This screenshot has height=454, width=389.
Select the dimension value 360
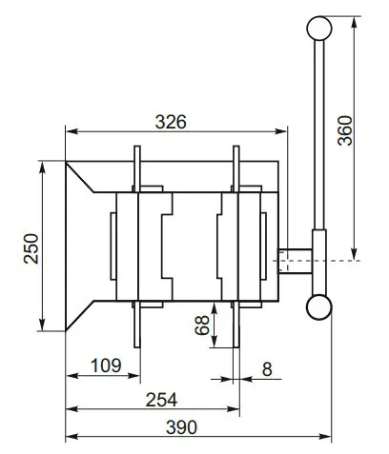(x=345, y=129)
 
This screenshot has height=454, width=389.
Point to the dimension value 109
(x=106, y=365)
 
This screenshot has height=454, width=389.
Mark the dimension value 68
(x=202, y=326)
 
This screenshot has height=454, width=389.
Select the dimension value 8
(x=267, y=366)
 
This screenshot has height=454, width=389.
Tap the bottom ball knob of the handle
(x=318, y=306)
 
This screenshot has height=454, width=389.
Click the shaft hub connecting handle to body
(x=297, y=258)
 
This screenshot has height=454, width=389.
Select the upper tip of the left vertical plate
(x=137, y=149)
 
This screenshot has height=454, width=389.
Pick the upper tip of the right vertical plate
(x=235, y=149)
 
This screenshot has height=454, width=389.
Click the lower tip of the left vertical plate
(x=137, y=345)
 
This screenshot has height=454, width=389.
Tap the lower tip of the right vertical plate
(x=235, y=345)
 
